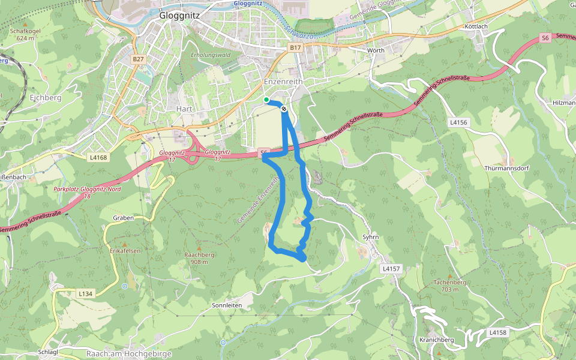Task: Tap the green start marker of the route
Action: coord(266,100)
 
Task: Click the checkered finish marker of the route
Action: coord(283,109)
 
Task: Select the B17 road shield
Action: coord(294,47)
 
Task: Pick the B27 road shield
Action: coord(139,59)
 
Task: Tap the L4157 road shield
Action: coord(390,269)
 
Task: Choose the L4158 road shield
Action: coord(497,332)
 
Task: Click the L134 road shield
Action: coord(85,293)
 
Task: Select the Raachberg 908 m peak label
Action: coord(199,258)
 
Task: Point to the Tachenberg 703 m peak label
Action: coord(450,285)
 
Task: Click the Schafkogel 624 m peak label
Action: coord(26,34)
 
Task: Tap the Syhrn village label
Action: coord(371,237)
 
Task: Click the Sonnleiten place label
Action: coord(227,305)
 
